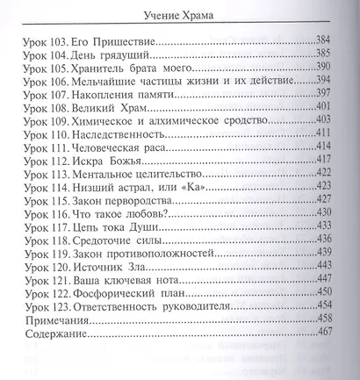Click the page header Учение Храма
tap(180, 13)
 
